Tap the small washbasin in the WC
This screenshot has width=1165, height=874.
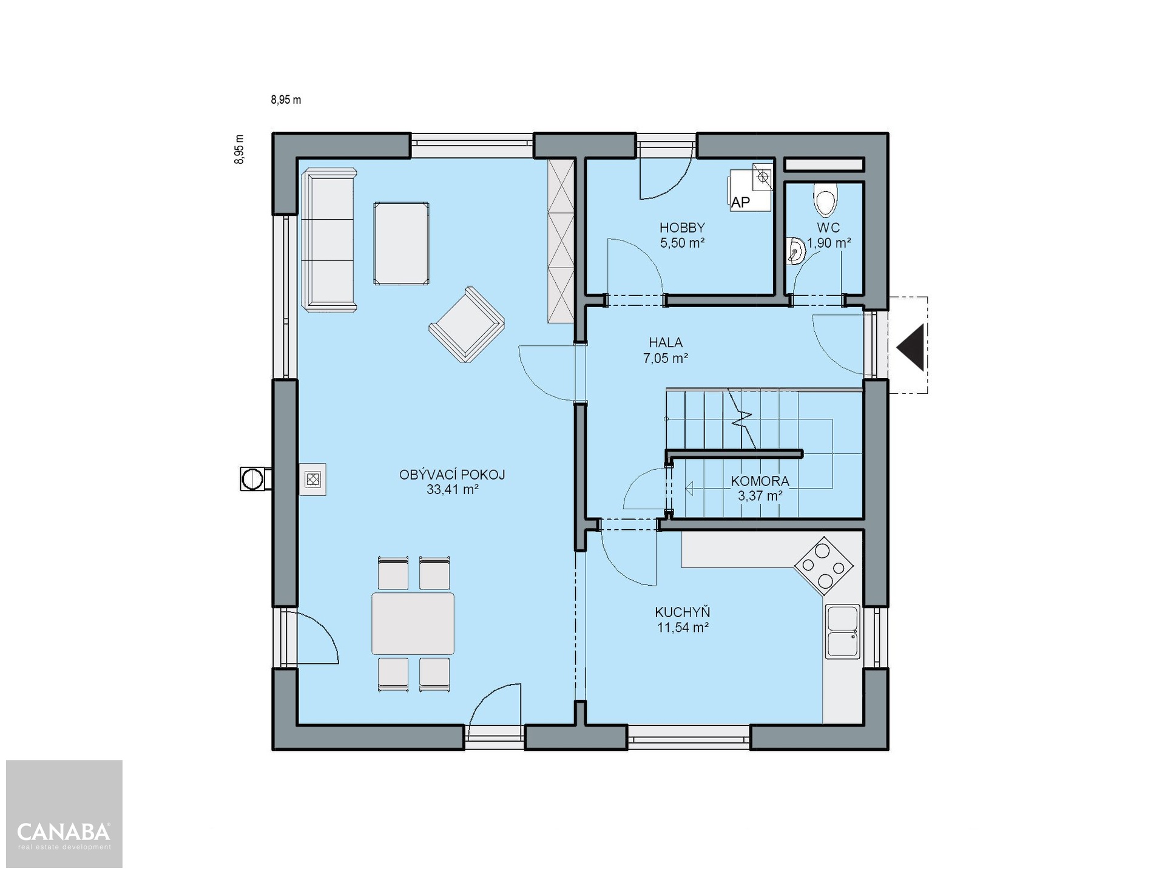point(795,251)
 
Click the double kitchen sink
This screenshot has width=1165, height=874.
point(842,631)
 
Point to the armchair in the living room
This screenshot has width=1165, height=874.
point(467,325)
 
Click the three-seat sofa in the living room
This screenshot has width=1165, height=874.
point(329,240)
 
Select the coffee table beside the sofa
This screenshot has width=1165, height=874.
point(401,243)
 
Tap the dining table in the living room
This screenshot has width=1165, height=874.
point(413,624)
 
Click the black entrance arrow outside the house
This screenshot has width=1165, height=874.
point(911,347)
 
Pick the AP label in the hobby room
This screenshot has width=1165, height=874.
point(740,202)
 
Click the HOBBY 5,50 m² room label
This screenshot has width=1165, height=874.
point(683,235)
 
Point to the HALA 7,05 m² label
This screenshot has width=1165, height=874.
point(666,351)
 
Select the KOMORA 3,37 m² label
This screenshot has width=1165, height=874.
point(760,489)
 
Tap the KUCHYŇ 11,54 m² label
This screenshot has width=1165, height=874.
point(683,620)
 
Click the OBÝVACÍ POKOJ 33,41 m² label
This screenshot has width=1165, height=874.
point(452,482)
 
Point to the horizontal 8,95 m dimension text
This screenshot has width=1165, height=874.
point(286,100)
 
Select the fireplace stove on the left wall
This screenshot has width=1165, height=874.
point(312,479)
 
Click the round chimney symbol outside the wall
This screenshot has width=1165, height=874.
point(249,479)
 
